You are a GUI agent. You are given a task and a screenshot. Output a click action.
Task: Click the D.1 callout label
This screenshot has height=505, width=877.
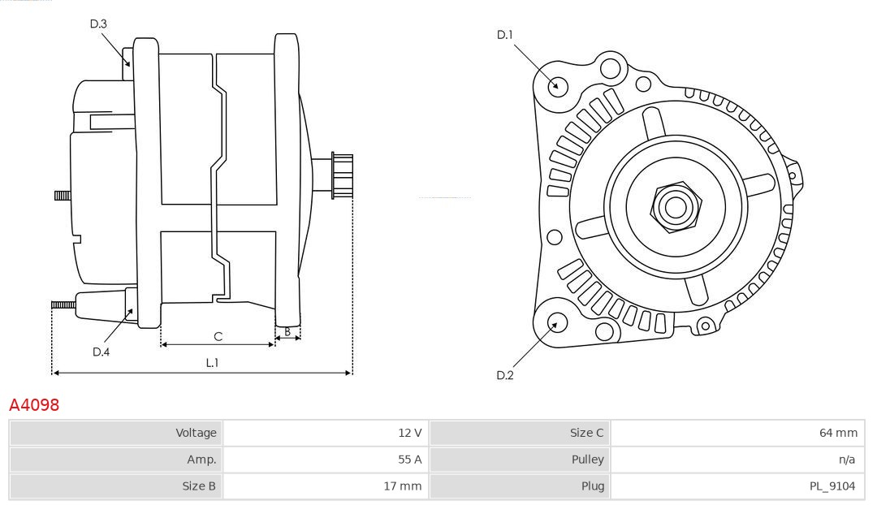tap(505, 35)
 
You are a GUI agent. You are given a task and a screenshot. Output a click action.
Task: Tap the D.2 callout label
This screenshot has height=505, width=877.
tap(505, 375)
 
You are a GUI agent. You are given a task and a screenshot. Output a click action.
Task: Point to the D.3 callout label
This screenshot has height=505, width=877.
tap(98, 24)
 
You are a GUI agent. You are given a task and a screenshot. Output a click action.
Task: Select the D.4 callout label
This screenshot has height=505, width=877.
tap(101, 352)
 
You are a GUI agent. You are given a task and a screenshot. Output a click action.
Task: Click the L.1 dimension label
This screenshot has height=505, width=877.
tap(212, 363)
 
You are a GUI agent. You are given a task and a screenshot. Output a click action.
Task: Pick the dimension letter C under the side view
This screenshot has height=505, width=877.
tap(218, 336)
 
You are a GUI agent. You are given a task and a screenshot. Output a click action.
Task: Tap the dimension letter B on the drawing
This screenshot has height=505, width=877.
tap(287, 331)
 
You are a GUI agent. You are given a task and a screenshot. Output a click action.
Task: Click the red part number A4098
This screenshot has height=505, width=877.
tap(34, 404)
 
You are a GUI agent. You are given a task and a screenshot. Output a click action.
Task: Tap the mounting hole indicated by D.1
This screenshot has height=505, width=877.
tap(557, 85)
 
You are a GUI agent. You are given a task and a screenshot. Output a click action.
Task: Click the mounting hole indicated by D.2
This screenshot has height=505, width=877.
tap(556, 323)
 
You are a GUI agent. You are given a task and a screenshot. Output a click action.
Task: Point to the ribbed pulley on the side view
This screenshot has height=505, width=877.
tap(342, 175)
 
